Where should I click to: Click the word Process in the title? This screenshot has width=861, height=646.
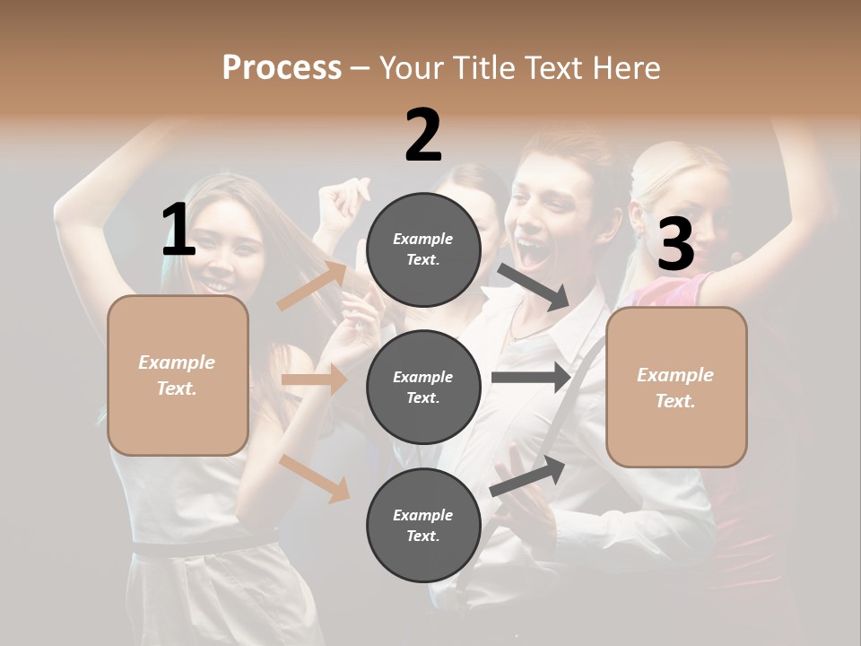click(x=282, y=67)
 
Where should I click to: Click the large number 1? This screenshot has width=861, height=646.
click(x=178, y=231)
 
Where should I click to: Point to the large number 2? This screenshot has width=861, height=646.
click(x=423, y=135)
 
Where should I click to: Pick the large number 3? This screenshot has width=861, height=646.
click(x=675, y=245)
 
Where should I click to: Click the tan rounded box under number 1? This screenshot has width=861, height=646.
click(x=178, y=375)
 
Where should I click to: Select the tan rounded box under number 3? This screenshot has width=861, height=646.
click(x=676, y=387)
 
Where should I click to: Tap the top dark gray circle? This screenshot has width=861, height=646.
click(x=423, y=249)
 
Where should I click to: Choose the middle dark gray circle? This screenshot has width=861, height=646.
click(x=423, y=388)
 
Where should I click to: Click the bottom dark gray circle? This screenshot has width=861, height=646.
click(x=423, y=526)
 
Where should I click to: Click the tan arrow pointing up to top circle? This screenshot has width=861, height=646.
click(x=312, y=285)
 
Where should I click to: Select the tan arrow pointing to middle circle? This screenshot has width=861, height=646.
click(x=314, y=380)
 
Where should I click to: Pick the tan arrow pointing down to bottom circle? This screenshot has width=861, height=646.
click(x=315, y=477)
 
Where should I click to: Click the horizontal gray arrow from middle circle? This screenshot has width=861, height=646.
click(x=531, y=378)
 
